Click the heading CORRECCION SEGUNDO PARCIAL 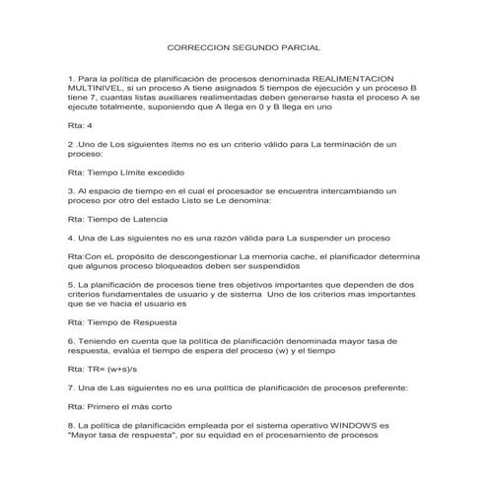(x=244, y=46)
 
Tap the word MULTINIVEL (x=98, y=88)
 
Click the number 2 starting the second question (x=70, y=144)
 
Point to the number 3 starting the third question (x=70, y=189)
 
